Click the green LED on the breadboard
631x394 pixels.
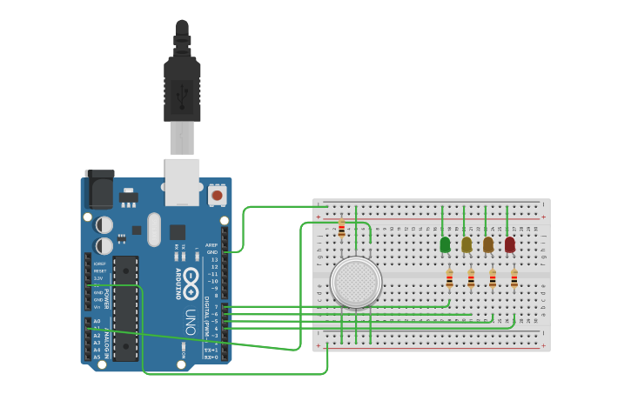coord(445,244)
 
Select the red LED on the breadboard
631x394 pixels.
coord(509,244)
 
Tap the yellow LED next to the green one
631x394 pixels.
coord(467,244)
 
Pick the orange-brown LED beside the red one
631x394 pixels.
coord(488,244)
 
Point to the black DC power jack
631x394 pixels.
coord(98,190)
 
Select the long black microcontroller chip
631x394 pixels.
coord(125,308)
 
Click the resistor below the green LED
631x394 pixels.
coord(449,279)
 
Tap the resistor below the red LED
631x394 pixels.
coord(514,279)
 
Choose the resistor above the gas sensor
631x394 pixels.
coord(341,229)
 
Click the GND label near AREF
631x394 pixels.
coord(211,252)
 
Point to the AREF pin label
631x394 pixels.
coord(211,245)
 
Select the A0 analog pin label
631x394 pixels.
coord(97,321)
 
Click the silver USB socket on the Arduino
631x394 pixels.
coord(182,181)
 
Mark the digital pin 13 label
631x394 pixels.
coord(214,259)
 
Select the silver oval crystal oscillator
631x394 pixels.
coord(155,230)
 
